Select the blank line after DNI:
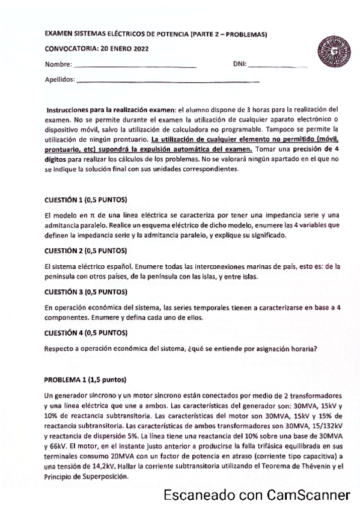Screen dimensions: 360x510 pos(277,64)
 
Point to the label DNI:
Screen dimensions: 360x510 pos(239,63)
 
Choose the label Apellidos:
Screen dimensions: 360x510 pos(60,79)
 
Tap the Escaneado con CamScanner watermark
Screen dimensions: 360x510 pos(257,496)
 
